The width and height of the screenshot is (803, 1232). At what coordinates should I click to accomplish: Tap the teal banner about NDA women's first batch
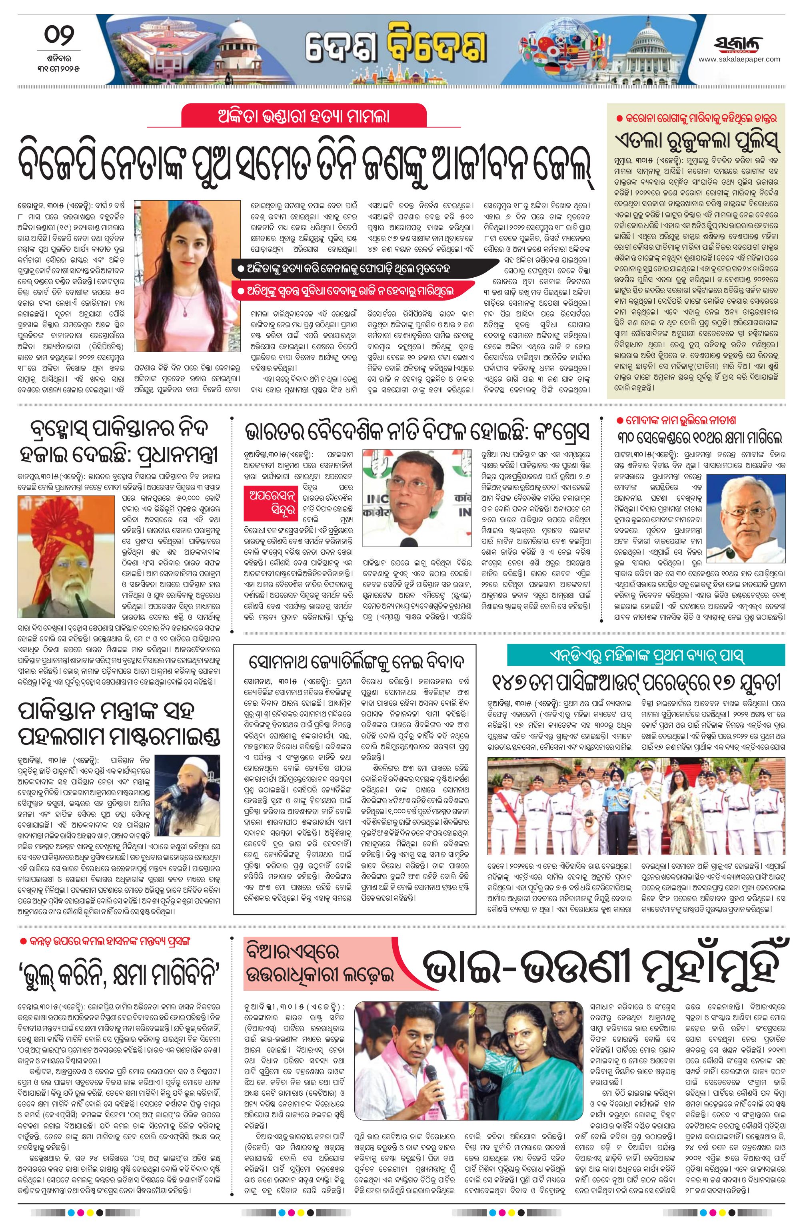pos(645,655)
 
